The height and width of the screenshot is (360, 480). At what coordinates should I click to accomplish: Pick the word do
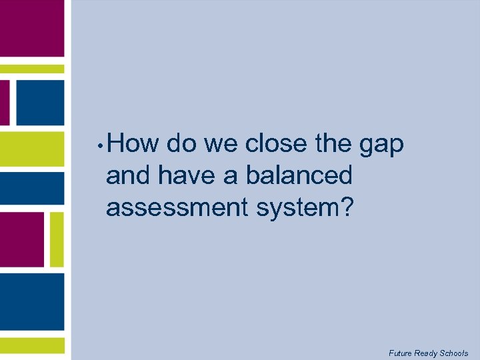181,143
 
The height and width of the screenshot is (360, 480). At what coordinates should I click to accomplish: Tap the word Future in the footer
400,353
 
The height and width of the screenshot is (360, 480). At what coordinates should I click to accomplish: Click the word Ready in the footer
426,353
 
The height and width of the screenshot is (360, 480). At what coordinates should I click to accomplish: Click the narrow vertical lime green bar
57,239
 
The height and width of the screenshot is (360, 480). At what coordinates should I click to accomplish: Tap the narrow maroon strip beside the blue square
5,103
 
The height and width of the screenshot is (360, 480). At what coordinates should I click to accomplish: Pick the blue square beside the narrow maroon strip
39,103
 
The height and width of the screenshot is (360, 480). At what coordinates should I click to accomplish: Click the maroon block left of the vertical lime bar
21,239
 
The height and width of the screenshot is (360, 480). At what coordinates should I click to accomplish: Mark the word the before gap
332,143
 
